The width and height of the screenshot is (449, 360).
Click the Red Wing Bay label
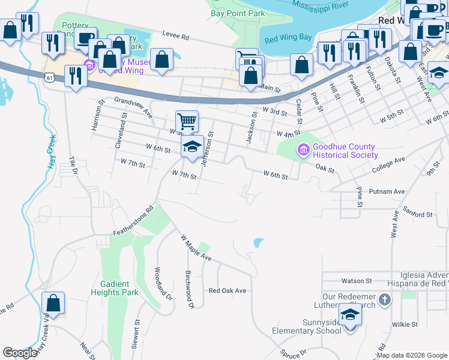[x=288, y=38]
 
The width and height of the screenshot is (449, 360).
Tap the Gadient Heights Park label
[x=115, y=288]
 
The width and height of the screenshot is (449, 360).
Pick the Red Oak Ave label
[x=228, y=290]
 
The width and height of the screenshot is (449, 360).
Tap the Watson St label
[x=357, y=280]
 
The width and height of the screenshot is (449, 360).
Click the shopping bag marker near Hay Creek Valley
[x=53, y=304]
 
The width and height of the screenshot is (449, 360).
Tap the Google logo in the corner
[x=20, y=353]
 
